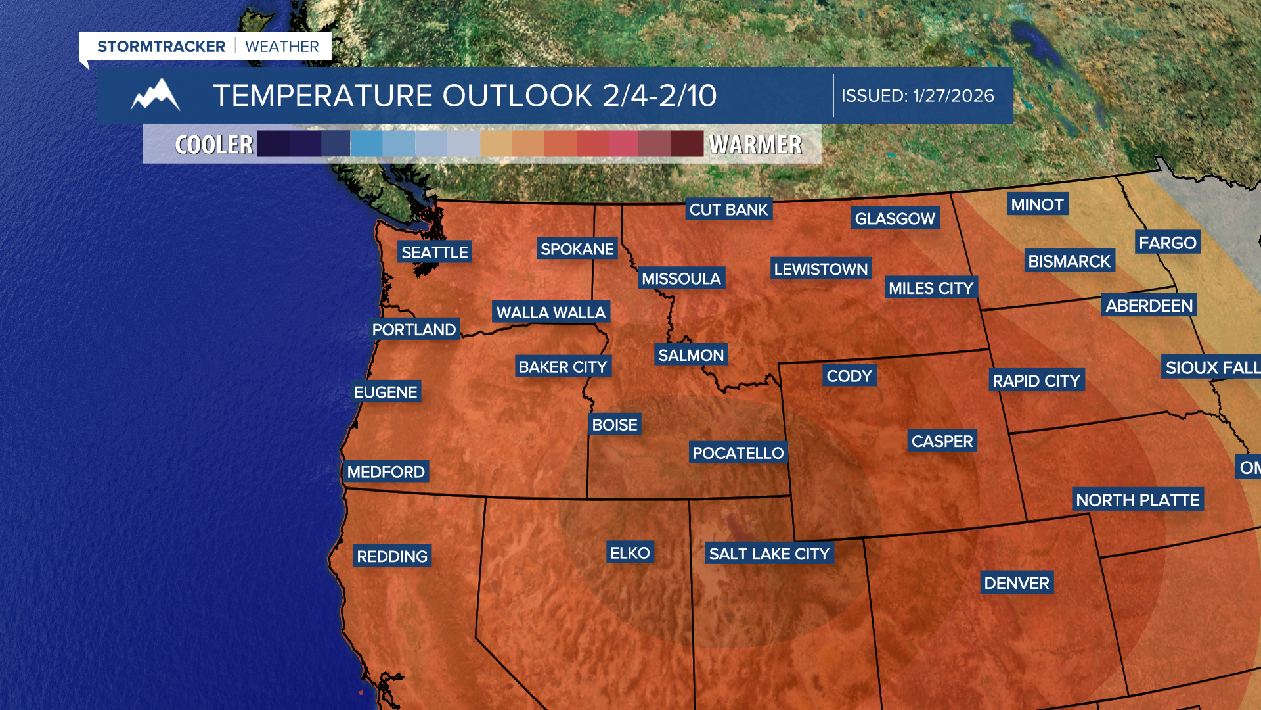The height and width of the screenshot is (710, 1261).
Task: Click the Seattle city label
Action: [x=434, y=252]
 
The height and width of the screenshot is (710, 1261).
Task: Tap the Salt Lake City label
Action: [x=769, y=554]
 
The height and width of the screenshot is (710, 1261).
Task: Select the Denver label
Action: [x=1016, y=583]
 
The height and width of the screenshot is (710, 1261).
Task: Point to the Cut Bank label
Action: [x=728, y=210]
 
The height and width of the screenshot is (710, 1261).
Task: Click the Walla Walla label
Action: [x=550, y=312]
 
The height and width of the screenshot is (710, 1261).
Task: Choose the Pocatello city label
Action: [x=738, y=453]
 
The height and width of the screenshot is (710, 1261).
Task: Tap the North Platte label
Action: [x=1138, y=500]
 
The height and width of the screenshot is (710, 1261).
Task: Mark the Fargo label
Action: [x=1167, y=243]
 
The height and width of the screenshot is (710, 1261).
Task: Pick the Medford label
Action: [x=386, y=472]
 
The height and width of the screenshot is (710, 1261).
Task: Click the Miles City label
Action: [x=931, y=288]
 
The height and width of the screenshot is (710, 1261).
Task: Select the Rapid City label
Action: [x=1036, y=381]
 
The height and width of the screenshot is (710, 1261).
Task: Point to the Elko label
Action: [x=630, y=553]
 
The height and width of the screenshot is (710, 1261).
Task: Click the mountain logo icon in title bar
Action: [x=156, y=95]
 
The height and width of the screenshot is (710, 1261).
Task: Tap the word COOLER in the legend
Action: [x=214, y=145]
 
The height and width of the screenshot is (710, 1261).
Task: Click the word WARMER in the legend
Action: [x=756, y=145]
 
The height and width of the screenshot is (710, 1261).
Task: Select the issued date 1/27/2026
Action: [x=953, y=96]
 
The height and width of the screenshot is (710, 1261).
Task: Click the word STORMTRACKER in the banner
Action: [x=161, y=47]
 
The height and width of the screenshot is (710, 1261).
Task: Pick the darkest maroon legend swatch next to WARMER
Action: [x=687, y=144]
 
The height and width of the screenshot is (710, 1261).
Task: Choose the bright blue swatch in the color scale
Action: [x=366, y=144]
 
